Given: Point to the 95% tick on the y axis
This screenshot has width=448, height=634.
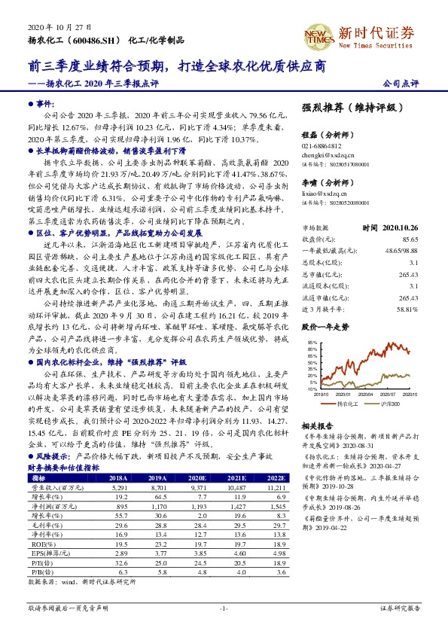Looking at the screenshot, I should click(312, 322).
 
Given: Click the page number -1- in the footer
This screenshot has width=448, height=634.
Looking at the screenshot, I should click(224, 607).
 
